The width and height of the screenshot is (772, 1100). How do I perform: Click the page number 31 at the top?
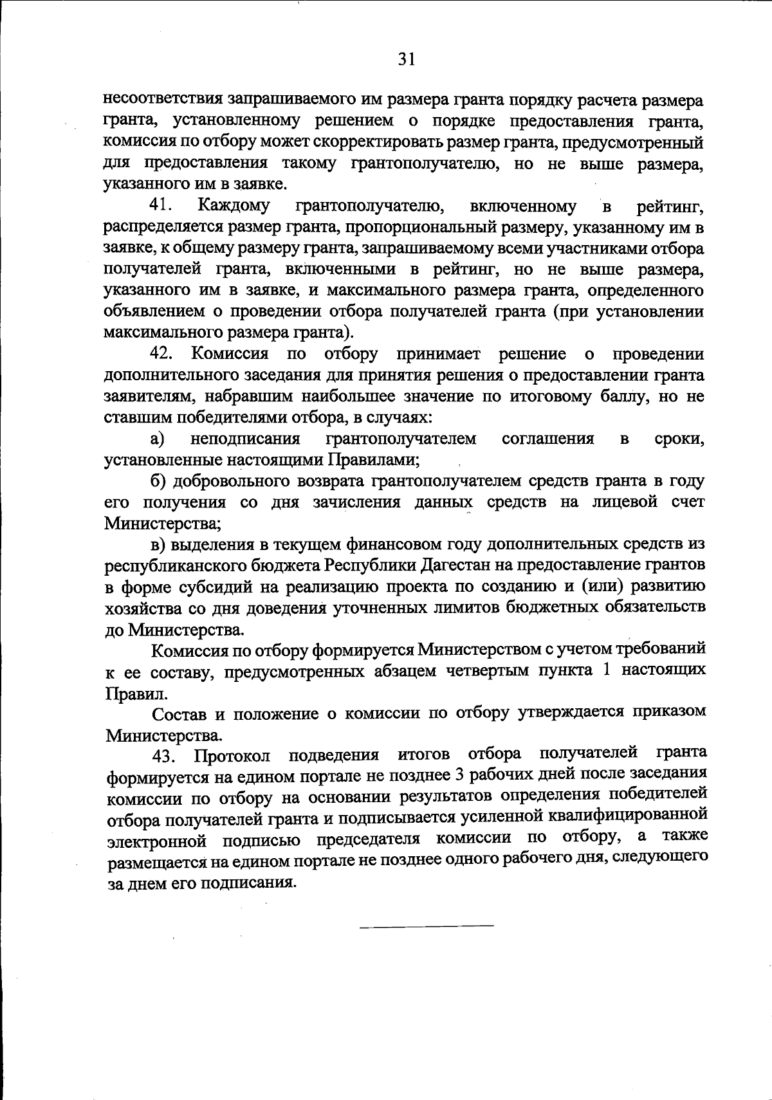click(x=406, y=59)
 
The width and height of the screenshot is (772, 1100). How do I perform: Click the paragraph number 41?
click(x=160, y=206)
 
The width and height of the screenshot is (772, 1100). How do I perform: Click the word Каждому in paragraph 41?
click(x=234, y=206)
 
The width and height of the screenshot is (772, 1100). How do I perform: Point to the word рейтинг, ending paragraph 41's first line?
click(x=670, y=207)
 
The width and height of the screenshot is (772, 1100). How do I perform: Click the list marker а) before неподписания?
click(x=158, y=439)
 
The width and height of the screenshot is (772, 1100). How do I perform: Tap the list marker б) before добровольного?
click(x=159, y=481)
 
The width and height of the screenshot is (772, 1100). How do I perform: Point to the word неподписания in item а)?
click(x=246, y=439)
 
